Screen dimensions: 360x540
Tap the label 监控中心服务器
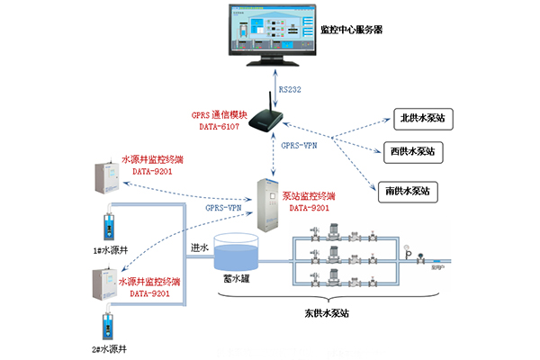pos(352,29)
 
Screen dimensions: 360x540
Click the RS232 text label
pos(290,89)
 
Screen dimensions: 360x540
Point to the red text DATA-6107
pos(216,128)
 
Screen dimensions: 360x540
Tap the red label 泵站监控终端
pos(309,195)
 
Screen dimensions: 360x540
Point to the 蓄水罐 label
pos(237,280)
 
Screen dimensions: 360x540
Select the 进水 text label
pos(201,247)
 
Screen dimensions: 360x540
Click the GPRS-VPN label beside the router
pos(298,144)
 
